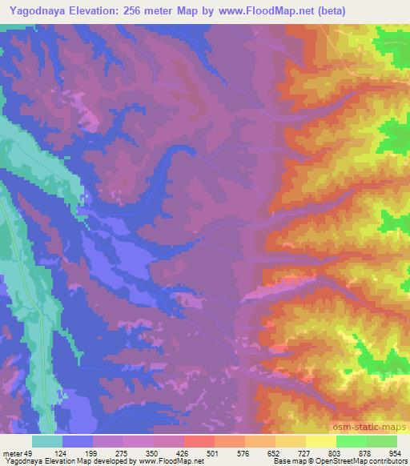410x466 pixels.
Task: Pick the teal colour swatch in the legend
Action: pos(47,441)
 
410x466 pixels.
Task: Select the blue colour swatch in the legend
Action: pos(78,441)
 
